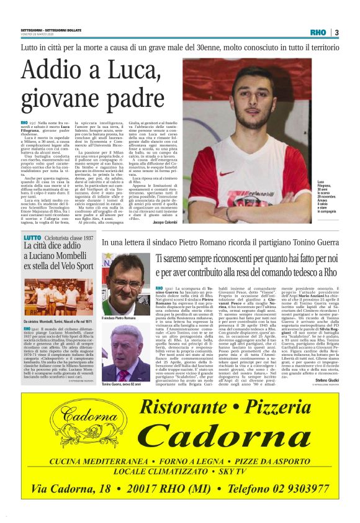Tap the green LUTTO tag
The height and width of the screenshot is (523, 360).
pos(32,239)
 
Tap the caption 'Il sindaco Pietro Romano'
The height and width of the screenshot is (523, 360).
pos(124,318)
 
